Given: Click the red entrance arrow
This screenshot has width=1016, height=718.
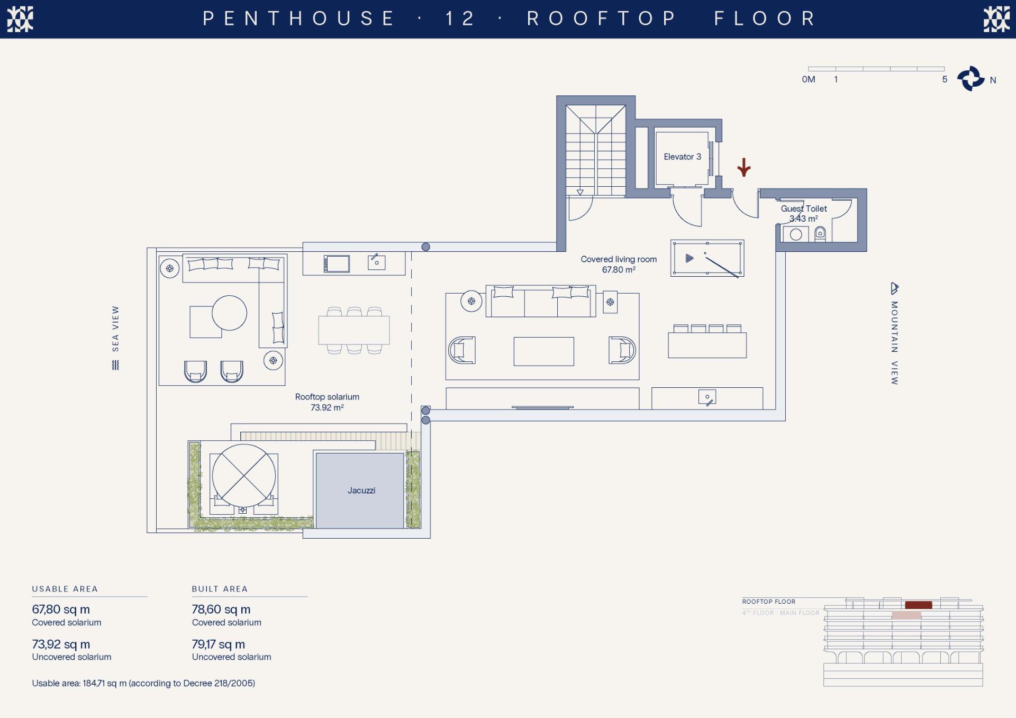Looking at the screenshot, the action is pos(744,167).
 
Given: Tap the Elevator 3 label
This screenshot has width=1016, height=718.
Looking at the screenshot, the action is pos(682,157).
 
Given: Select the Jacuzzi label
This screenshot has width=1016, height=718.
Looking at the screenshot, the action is pos(361,490).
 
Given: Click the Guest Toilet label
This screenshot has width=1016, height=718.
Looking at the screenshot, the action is pos(804,208).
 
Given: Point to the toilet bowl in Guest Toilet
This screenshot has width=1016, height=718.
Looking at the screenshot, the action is pos(820,233).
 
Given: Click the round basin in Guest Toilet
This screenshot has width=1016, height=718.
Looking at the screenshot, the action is pos(796,234).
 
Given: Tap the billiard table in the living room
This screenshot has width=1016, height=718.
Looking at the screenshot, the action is pos(707,258).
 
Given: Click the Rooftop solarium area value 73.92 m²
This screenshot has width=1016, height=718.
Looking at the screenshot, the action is pos(327,407).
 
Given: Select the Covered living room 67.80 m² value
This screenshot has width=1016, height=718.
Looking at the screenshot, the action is pos(619,270).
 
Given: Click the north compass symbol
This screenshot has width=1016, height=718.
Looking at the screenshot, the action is pos(971,79).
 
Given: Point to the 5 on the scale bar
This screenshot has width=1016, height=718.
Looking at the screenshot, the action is pos(945,79).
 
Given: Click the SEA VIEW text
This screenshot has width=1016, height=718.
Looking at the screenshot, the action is pos(115,329).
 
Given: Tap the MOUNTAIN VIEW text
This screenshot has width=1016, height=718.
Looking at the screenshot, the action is pos(894,343).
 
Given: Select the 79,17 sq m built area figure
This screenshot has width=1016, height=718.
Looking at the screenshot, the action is pos(218,644).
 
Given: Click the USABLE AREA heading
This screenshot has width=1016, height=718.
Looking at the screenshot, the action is pos(65,589).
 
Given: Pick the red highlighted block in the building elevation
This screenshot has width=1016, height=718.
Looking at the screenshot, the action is pos(918,605).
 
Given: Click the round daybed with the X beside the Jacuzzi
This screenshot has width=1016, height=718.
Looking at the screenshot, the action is pos(244,475).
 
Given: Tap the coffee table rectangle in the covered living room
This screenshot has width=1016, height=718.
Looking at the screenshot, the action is pos(543,351).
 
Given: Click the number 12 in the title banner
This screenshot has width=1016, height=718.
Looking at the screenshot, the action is pos(460,19).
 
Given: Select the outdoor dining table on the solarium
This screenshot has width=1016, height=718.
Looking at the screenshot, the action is pos(354,330).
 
